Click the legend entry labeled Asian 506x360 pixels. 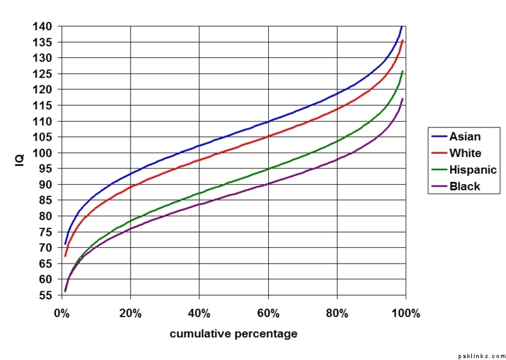(464, 136)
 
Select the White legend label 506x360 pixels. (465, 153)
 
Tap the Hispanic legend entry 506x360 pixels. (473, 170)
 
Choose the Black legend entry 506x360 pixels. (464, 186)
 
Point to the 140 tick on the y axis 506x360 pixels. (44, 26)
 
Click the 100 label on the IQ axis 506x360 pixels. (44, 153)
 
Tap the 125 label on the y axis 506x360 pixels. (44, 74)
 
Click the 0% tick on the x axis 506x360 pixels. (61, 313)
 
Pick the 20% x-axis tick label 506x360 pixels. (130, 313)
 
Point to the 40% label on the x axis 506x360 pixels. (199, 313)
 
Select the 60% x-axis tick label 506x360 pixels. (268, 313)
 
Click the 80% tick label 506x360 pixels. (337, 313)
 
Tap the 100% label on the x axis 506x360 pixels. (406, 313)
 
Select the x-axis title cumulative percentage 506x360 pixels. (233, 334)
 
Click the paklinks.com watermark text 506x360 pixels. (481, 355)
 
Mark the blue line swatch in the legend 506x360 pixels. (439, 136)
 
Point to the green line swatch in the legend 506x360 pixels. (439, 170)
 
